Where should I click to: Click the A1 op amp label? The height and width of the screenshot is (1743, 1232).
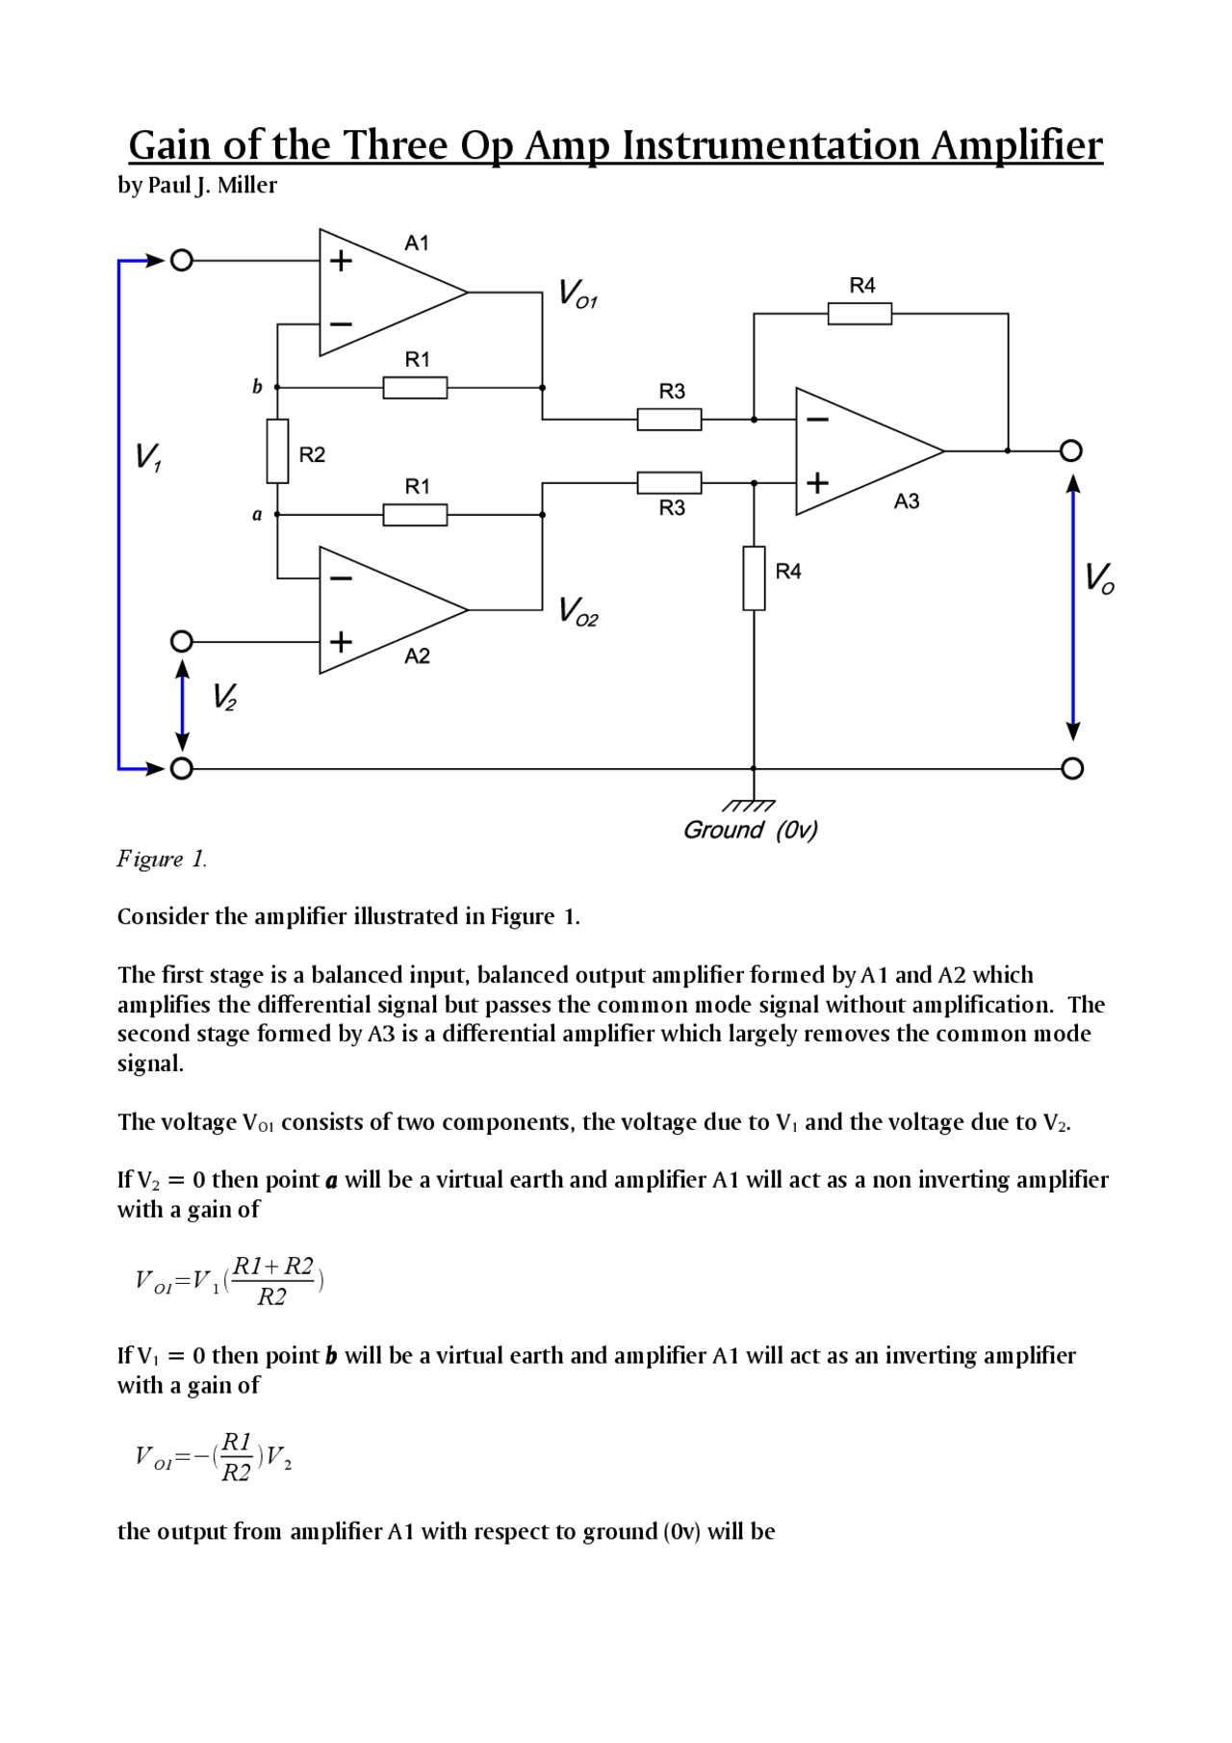416,244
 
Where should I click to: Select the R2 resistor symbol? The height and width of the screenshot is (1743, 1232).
277,450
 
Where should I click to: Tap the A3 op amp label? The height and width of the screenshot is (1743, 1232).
906,500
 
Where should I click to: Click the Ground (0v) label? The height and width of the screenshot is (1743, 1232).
750,830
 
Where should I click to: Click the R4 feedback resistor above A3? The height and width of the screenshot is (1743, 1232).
860,314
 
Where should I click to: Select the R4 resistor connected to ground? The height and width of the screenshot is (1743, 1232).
754,577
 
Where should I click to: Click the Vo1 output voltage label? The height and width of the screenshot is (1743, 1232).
578,294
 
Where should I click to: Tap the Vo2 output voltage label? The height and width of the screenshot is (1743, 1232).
578,611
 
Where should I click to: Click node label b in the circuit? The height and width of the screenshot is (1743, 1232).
257,387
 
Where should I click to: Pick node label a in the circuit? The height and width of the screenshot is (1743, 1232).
257,515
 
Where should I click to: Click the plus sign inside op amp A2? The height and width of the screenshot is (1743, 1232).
341,641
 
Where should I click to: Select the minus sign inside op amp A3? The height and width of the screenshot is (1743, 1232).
817,420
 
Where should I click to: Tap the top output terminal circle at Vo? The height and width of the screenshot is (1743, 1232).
1071,450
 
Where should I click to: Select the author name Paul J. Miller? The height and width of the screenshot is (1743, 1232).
212,185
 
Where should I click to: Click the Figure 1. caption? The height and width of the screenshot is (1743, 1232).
162,859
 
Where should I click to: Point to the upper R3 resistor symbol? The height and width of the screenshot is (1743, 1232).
669,420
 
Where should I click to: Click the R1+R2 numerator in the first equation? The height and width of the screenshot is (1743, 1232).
273,1267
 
